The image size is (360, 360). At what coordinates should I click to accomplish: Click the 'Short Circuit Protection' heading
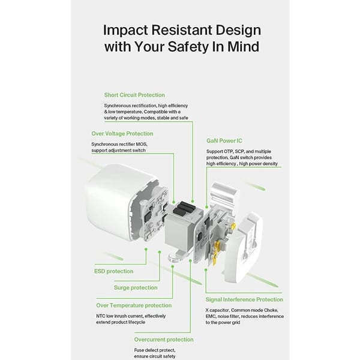coord(134,95)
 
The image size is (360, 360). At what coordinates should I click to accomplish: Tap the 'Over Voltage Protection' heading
coord(122,134)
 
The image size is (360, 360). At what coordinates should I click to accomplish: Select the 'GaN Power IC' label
coord(224,141)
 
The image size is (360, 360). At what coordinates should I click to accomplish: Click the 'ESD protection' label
coord(113,271)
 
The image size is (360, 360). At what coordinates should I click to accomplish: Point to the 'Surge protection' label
coord(136,287)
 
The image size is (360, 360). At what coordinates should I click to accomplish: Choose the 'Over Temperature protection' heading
coord(134,305)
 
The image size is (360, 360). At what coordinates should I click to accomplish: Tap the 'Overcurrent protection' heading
coord(164,340)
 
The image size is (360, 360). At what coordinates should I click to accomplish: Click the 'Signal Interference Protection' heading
coord(244,299)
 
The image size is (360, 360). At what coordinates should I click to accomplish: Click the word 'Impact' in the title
coord(125,31)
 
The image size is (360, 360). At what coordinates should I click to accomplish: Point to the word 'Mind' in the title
coord(243,46)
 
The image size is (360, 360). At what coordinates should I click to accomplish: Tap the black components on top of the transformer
coord(184,208)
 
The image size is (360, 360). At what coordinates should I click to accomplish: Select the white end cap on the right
coord(244,248)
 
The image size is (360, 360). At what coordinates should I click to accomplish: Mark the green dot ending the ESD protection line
coord(146,249)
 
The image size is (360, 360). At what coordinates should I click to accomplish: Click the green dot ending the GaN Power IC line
coord(206,207)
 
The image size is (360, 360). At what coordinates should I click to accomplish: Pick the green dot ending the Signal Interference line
coord(206,270)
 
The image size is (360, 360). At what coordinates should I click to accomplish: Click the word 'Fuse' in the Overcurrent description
coord(139,350)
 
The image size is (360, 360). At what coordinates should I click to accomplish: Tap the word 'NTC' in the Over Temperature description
coord(101,316)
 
